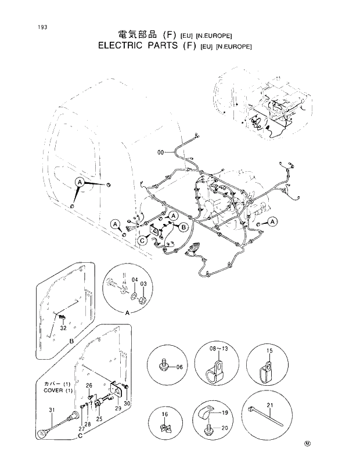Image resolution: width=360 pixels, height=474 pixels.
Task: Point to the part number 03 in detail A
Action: coord(143,284)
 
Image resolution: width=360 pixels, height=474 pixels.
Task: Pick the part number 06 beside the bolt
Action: coord(179,367)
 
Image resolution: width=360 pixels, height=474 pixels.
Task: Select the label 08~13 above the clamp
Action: coord(217,350)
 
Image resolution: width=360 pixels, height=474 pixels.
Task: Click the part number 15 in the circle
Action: coord(269,351)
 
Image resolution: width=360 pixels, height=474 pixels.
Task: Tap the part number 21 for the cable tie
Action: coord(270,404)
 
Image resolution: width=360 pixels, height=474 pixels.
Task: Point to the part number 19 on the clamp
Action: coord(225,412)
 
